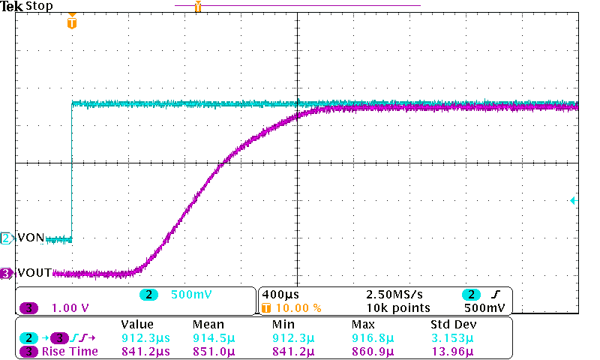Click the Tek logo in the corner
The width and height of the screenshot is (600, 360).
[12, 6]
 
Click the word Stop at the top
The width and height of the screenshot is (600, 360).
[39, 6]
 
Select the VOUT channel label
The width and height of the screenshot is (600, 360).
[34, 274]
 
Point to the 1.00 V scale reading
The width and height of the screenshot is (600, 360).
[70, 307]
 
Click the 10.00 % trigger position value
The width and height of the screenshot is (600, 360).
[298, 307]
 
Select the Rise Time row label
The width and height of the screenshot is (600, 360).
[70, 351]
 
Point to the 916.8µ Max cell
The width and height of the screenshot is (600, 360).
[368, 337]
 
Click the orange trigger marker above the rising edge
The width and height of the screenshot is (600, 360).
[72, 22]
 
